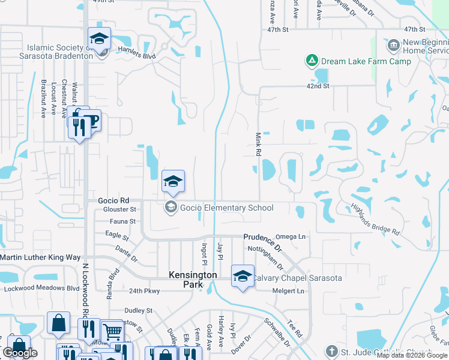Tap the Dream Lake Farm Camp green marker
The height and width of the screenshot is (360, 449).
[x=312, y=61]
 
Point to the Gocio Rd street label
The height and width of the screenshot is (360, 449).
[x=113, y=200]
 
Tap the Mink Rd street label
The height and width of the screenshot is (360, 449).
[x=258, y=145]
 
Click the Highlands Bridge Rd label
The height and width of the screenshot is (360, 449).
[x=376, y=219]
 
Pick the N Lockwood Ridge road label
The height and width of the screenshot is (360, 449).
[x=85, y=306]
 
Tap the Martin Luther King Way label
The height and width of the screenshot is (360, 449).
[x=40, y=257]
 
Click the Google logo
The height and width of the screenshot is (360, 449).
[x=20, y=353]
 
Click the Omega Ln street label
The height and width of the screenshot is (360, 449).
[x=290, y=237]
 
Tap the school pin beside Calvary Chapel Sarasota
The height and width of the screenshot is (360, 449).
[x=243, y=276]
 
